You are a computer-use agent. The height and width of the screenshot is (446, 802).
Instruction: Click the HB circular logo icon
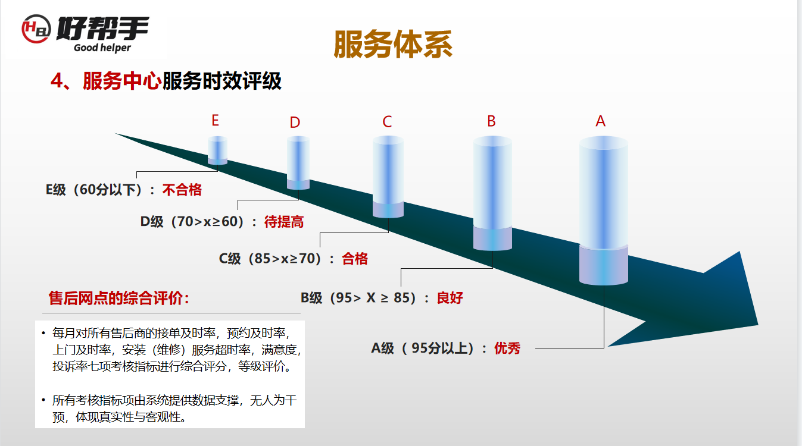click(x=36, y=29)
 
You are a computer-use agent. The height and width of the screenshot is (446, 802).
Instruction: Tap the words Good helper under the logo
click(x=102, y=48)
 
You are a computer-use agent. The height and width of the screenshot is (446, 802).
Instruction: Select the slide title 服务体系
click(x=393, y=44)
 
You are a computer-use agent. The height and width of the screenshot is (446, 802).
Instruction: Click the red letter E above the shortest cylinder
click(x=215, y=120)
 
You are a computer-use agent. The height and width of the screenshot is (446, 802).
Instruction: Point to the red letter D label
click(x=295, y=123)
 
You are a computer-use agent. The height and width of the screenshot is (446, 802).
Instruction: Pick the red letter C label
click(x=387, y=121)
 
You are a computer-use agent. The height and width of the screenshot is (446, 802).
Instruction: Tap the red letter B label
click(x=491, y=121)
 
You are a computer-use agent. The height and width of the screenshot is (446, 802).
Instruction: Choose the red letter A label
click(x=600, y=121)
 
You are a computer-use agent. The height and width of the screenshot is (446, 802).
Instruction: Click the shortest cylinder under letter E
click(x=218, y=150)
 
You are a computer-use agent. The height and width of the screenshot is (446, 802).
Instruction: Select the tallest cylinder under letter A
click(x=604, y=211)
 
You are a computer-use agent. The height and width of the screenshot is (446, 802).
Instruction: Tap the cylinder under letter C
click(x=388, y=177)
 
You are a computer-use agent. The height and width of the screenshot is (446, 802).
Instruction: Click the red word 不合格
click(x=182, y=190)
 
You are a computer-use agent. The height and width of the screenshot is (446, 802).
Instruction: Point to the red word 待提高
click(x=284, y=222)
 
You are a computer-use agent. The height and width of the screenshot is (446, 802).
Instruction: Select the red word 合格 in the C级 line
click(x=355, y=259)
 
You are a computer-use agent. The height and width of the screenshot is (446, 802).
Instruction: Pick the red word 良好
click(x=450, y=297)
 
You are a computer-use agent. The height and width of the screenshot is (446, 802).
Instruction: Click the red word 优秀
click(x=507, y=348)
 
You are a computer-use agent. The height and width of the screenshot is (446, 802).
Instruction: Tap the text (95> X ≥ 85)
click(x=373, y=297)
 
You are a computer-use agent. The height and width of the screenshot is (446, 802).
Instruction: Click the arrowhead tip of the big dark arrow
click(x=758, y=325)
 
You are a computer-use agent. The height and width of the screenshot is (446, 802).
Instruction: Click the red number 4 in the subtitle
click(x=57, y=80)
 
